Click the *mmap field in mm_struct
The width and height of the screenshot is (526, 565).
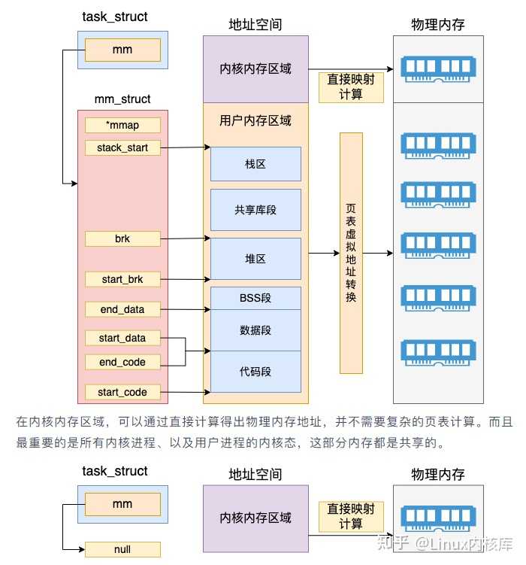click(122, 125)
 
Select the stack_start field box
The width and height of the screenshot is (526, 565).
click(122, 147)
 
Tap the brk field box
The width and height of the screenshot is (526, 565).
click(122, 239)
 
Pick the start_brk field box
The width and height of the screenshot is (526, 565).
click(122, 279)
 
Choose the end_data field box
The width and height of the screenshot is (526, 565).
click(122, 309)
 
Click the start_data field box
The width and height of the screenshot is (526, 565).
click(122, 338)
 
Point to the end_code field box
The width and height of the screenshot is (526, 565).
click(122, 362)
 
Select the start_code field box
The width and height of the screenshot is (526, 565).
click(122, 392)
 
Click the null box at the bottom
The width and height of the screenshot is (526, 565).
click(122, 549)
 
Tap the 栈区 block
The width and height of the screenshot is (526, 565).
click(255, 164)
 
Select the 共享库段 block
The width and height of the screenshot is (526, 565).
click(255, 210)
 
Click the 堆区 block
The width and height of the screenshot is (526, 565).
click(255, 259)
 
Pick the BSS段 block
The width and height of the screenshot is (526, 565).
click(255, 298)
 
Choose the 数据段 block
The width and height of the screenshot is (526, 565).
click(255, 330)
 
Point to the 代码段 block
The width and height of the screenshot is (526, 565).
click(255, 372)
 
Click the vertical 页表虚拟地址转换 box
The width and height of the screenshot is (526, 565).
click(351, 253)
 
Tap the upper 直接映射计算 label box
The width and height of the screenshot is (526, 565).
click(351, 87)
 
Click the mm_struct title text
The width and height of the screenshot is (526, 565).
click(122, 99)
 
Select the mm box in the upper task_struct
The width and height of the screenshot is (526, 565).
click(122, 50)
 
